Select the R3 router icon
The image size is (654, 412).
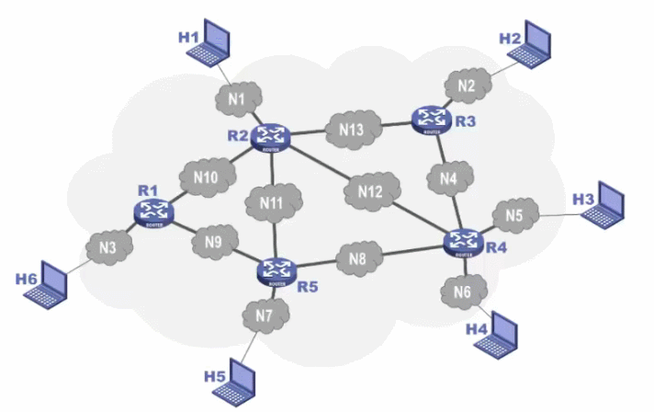click(x=429, y=119)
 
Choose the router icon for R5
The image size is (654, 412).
click(x=275, y=269)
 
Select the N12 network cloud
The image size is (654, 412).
click(x=371, y=192)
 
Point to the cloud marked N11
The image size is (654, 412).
click(x=271, y=201)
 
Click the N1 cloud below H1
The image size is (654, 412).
click(x=239, y=95)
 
